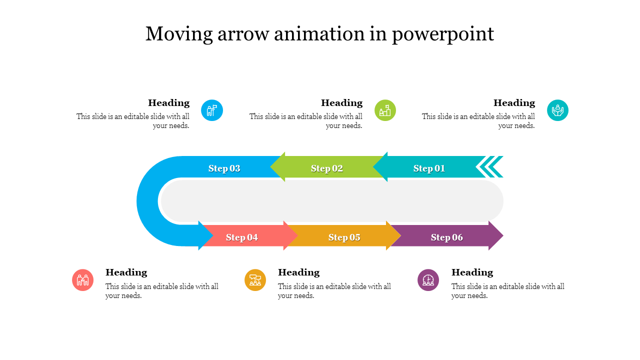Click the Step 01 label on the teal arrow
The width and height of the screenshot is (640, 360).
tap(429, 168)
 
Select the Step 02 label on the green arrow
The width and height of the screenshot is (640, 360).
tap(327, 168)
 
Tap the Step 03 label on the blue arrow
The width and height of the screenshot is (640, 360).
tap(224, 168)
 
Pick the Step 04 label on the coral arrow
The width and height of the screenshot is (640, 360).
tap(242, 237)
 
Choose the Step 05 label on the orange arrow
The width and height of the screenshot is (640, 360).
tap(344, 237)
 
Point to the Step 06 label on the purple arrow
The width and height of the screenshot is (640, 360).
tap(447, 237)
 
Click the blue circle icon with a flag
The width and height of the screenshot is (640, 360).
tap(212, 110)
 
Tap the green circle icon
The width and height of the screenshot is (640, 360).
tap(385, 110)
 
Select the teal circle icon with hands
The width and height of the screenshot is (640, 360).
tap(557, 110)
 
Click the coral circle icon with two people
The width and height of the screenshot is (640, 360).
tap(83, 280)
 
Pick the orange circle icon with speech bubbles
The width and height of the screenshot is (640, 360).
tap(255, 280)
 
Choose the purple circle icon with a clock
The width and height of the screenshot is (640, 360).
tap(428, 280)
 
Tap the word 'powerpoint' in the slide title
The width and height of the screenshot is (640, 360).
tap(443, 34)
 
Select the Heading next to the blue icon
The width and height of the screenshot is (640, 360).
tap(169, 103)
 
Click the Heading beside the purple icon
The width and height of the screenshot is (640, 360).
tap(472, 272)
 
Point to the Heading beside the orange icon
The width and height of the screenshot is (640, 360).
tap(298, 272)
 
